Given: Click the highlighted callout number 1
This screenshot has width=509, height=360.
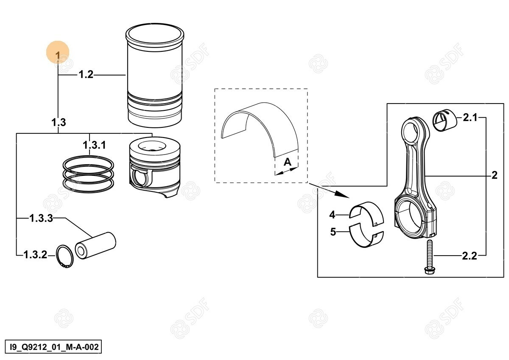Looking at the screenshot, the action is point(58,56).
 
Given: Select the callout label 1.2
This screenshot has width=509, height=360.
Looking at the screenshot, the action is point(86,74).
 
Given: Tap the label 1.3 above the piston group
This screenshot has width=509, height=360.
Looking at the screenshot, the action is point(59,122).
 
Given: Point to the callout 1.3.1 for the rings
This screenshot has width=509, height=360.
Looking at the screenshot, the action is point(94,145).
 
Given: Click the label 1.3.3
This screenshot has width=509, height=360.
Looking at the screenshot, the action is point(41,218).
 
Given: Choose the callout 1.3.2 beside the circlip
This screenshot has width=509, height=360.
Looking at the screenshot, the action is point(35,255).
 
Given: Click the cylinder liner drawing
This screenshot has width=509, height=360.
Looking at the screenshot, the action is point(155,75).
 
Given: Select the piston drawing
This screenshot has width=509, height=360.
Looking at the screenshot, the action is point(155,167).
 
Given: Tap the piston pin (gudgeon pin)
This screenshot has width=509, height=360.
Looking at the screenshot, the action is point(95,246).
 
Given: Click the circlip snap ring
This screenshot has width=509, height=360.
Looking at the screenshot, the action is point(65,256).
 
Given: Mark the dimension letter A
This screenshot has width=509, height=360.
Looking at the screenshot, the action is point(288,162).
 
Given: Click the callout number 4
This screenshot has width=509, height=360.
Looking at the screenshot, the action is point(332,214).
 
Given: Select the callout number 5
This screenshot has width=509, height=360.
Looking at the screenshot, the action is point(333,232).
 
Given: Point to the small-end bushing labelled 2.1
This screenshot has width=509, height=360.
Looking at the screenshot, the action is point(445,120).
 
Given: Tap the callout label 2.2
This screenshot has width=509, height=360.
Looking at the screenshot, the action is point(470,256).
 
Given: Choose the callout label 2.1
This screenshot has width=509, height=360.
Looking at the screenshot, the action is point(470,118).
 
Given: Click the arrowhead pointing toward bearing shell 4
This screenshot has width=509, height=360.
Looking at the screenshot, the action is point(343,194).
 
